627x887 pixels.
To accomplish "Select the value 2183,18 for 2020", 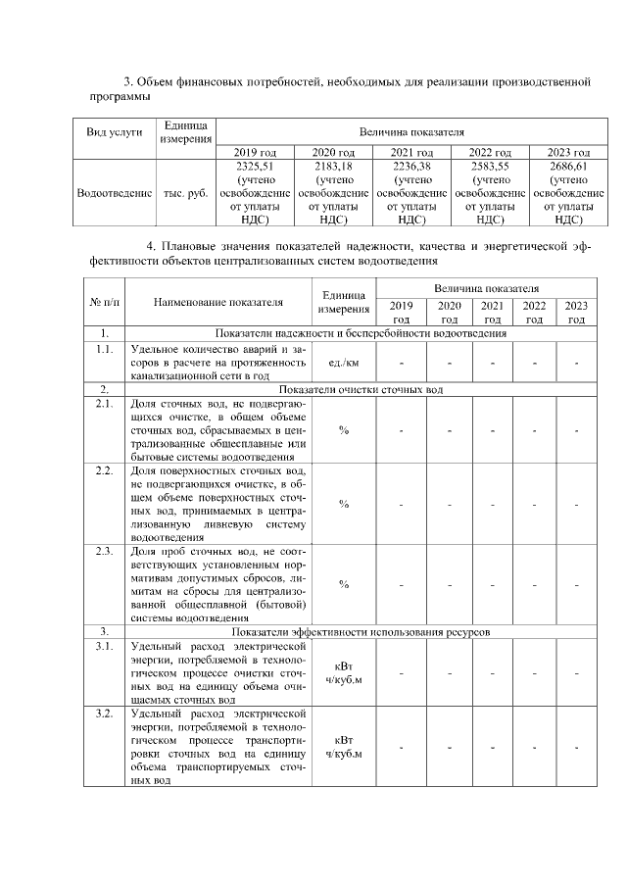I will coord(332,166).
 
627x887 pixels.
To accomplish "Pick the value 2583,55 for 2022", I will coord(490,166).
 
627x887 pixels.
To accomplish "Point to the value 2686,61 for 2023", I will coord(568,166).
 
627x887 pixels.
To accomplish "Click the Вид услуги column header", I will coord(114,131).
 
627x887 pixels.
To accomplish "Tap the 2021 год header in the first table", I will coord(410,152).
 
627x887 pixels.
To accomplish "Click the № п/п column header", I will coord(103,301).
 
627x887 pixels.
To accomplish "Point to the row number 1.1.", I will coord(103,349).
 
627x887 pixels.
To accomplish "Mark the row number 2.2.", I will coord(103,470).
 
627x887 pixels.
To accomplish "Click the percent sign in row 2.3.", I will coord(343,584).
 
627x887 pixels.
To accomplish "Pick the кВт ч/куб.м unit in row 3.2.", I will coord(343,747).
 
